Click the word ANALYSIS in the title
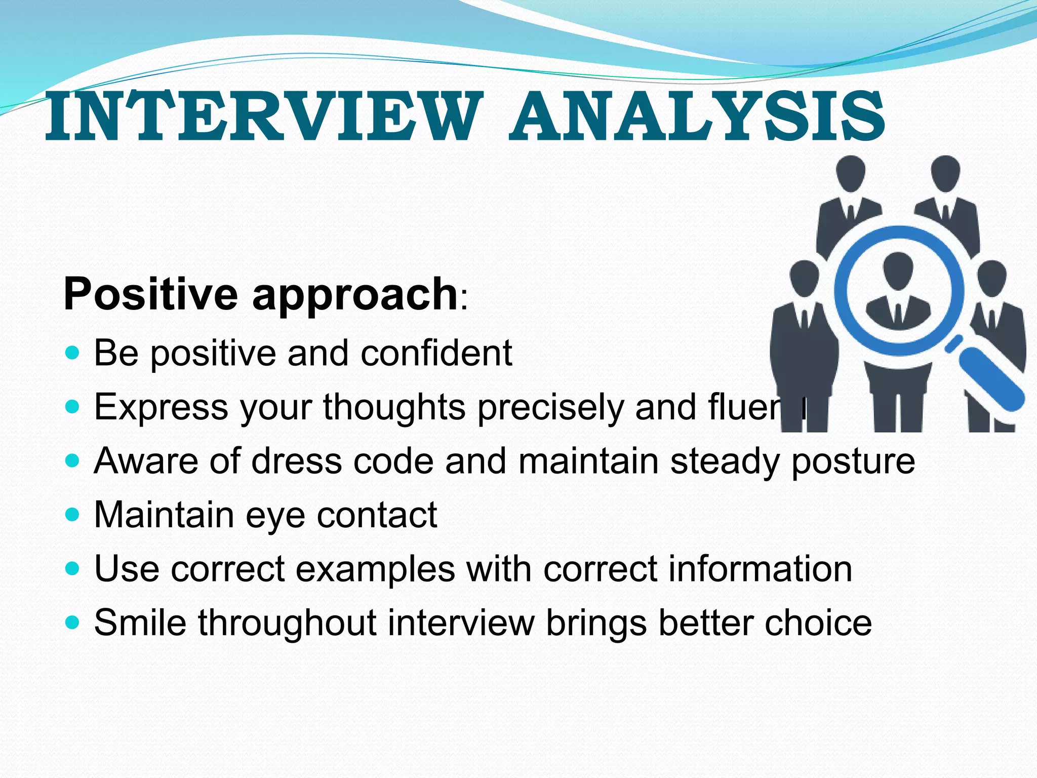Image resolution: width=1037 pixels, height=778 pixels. click(698, 118)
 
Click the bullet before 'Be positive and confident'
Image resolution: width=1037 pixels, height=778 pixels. click(73, 353)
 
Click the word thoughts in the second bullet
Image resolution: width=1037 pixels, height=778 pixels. click(394, 408)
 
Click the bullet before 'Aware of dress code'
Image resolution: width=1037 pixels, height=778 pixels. click(73, 460)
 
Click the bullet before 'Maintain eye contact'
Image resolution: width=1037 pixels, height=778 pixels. click(73, 515)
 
